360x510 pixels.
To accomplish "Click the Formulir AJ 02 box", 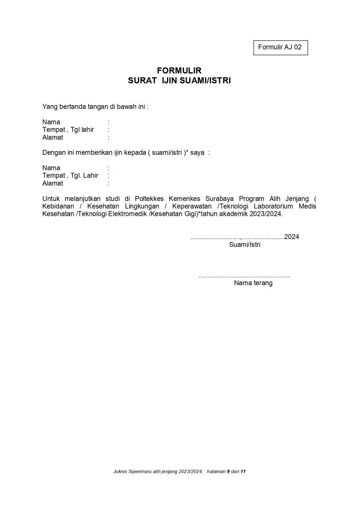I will click(x=280, y=48).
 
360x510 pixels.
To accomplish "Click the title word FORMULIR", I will click(x=179, y=71).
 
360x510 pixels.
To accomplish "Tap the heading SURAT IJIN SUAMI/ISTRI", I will click(x=180, y=80).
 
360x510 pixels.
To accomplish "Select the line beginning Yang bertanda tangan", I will click(x=95, y=107).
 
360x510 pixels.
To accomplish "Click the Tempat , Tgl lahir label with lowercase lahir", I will click(x=68, y=129).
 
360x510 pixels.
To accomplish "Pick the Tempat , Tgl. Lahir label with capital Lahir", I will click(x=70, y=175).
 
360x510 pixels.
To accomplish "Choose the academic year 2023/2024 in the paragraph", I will click(x=267, y=213).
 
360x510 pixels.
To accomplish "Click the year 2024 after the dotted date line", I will click(x=292, y=236).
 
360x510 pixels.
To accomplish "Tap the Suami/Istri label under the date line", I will click(x=245, y=244).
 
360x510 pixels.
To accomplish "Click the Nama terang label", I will click(x=253, y=283).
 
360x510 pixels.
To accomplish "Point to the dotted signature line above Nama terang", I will click(x=244, y=276).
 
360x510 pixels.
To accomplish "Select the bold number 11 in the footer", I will click(x=243, y=472).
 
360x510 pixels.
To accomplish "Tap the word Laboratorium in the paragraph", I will click(x=274, y=206).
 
